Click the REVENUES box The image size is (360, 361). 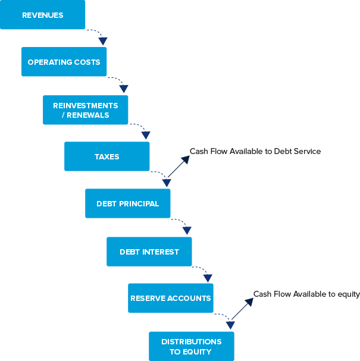(x=42, y=15)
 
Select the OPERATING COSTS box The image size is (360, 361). (x=64, y=62)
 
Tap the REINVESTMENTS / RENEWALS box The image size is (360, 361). (x=85, y=109)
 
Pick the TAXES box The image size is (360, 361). (x=107, y=156)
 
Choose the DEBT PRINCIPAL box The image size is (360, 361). (x=127, y=203)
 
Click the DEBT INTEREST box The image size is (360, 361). (x=149, y=252)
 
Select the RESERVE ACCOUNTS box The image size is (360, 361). (x=170, y=298)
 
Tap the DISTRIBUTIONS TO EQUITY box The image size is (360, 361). (x=191, y=346)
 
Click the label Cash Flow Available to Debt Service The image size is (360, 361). (x=255, y=152)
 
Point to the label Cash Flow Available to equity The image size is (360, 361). (x=306, y=294)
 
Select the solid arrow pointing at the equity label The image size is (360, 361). (x=242, y=309)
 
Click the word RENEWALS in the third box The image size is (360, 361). (x=89, y=115)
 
